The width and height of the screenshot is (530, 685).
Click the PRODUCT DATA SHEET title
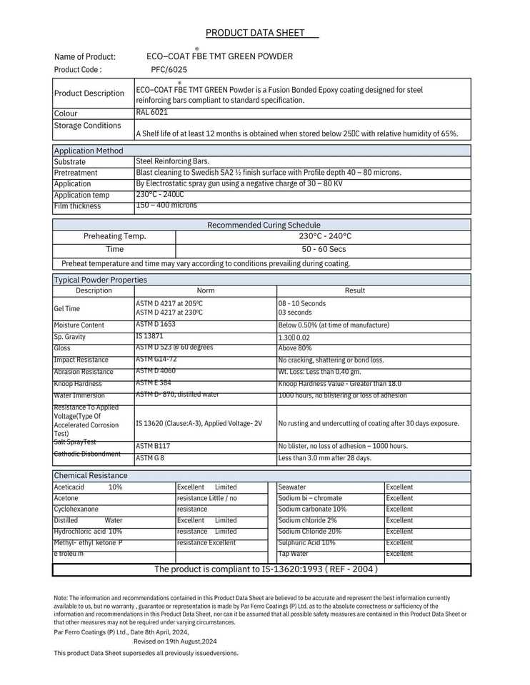click(255, 33)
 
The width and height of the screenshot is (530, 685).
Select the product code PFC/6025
click(169, 70)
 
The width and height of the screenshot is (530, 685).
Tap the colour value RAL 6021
click(152, 112)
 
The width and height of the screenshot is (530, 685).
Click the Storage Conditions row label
click(88, 126)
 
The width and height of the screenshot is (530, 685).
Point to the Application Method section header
click(89, 151)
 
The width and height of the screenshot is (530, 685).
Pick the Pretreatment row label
click(76, 173)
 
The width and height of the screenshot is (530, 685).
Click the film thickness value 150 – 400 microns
click(166, 205)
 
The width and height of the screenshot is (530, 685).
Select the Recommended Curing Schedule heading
click(264, 225)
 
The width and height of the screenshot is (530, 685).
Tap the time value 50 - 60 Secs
click(324, 249)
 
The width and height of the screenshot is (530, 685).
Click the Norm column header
click(206, 290)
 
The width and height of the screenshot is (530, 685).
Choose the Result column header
click(355, 290)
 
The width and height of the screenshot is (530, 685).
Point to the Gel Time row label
click(67, 309)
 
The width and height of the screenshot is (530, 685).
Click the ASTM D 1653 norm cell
click(156, 325)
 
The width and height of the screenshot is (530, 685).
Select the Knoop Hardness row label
click(78, 384)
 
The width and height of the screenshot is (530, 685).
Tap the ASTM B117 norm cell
click(153, 446)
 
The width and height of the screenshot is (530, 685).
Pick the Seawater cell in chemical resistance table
click(292, 487)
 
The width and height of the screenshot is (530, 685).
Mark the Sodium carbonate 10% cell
click(312, 509)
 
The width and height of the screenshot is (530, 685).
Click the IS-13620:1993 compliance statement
click(266, 569)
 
